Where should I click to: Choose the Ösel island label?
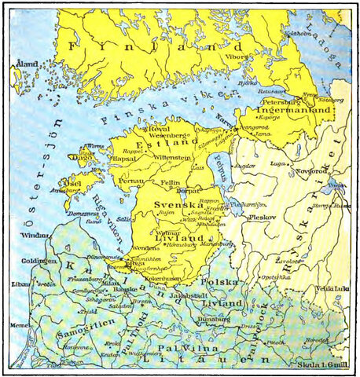(78, 185)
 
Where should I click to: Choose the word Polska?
(218, 280)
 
